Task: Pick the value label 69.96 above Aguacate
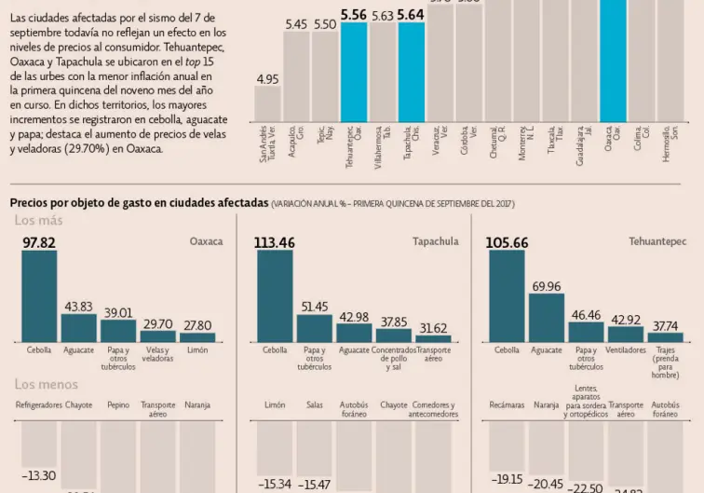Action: [546, 286]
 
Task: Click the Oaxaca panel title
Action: [206, 241]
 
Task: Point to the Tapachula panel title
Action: [436, 241]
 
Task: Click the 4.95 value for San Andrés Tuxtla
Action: [267, 79]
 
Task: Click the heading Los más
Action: [39, 221]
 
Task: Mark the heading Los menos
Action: [47, 384]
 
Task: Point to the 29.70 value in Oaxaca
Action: [157, 323]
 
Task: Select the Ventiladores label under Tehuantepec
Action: [625, 350]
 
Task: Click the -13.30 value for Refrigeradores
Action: [39, 475]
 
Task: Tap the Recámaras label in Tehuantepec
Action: [507, 405]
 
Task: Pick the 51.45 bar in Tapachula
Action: [314, 328]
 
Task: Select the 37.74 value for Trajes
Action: [664, 326]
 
